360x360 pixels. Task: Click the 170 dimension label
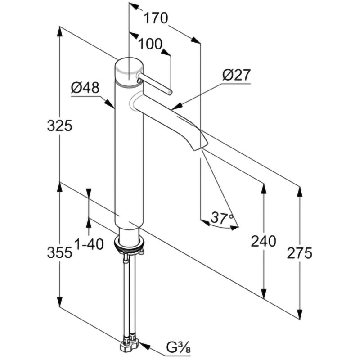point(156,18)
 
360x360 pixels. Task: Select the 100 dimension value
point(149,44)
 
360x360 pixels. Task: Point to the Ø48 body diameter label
point(85,88)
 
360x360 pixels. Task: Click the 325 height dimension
point(59,126)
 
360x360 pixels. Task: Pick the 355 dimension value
point(59,252)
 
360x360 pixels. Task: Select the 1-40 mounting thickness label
point(89,244)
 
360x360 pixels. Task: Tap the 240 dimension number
point(263,242)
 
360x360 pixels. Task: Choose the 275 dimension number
point(300,253)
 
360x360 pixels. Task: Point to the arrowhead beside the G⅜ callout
point(143,346)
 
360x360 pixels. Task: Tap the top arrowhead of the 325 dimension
point(59,31)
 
